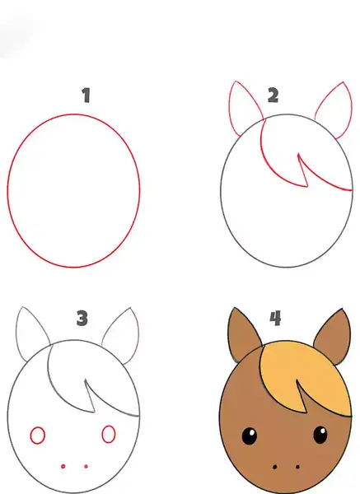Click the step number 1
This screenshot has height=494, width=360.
[x=86, y=96]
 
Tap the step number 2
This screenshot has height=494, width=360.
[x=274, y=96]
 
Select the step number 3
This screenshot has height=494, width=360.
[x=82, y=318]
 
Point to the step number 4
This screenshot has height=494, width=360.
[x=275, y=318]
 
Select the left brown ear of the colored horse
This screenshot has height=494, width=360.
[x=242, y=334]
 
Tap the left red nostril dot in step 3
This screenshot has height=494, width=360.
[x=63, y=466]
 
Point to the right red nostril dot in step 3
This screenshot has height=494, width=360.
[x=86, y=466]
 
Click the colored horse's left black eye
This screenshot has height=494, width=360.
[x=249, y=436]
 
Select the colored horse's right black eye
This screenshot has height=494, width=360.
[x=320, y=435]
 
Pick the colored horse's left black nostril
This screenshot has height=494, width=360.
[x=274, y=467]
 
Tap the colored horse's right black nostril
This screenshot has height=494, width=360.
[x=298, y=467]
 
